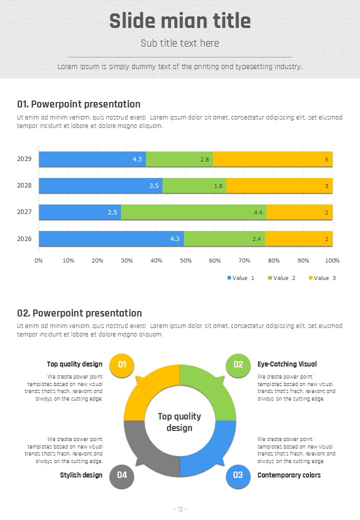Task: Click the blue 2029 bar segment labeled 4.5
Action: point(92,159)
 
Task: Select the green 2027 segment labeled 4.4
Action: point(193,212)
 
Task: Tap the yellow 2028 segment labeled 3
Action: point(279,185)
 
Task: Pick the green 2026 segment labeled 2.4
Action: point(224,238)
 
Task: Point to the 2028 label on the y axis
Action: point(24,185)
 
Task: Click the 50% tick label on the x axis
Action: point(185,260)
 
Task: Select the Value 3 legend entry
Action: point(322,278)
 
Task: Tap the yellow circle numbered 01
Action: point(122,364)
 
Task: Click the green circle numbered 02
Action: point(238,364)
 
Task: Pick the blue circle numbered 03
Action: point(238,475)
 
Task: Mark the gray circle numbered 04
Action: point(122,475)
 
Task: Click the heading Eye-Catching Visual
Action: point(287,364)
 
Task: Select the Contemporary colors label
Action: point(289,475)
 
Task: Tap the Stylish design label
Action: point(81,475)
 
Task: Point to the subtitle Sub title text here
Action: point(180,43)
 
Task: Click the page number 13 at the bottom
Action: point(180,509)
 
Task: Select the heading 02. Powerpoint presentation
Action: point(79,313)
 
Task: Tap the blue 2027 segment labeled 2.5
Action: point(80,212)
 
